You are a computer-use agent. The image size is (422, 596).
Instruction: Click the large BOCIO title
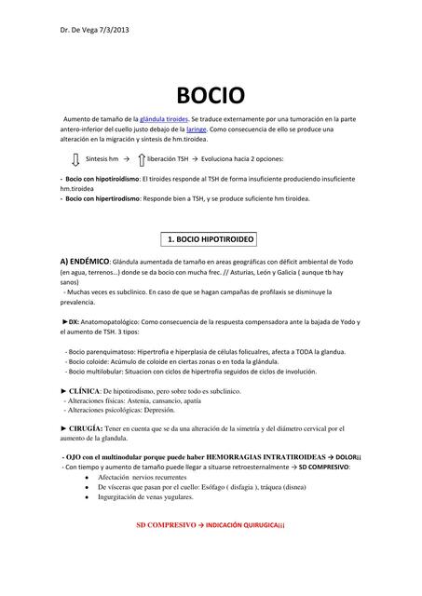coord(211,95)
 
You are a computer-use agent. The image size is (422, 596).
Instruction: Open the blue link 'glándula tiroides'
coord(164,120)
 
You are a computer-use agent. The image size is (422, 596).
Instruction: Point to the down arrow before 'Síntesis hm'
coord(76,160)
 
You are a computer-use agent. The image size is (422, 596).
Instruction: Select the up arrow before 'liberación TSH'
coord(142,160)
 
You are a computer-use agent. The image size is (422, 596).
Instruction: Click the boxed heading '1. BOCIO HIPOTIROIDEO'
coord(211,239)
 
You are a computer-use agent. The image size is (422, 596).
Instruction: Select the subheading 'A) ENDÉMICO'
coord(85,262)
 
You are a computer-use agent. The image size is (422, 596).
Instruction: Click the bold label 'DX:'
coord(73,321)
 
